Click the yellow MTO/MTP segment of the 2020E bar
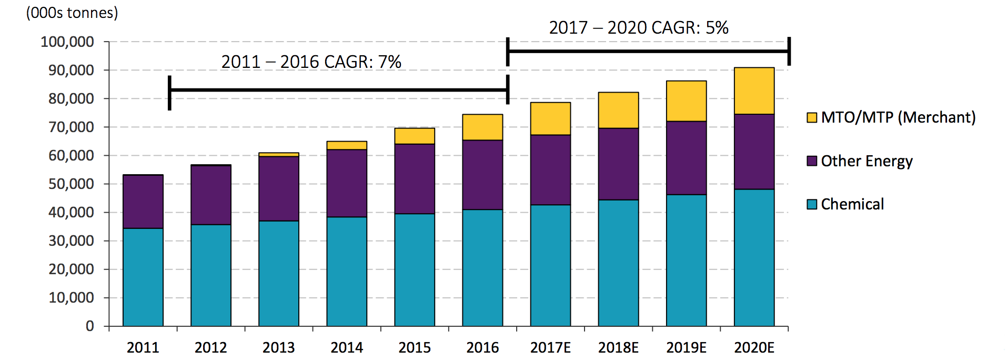(754, 91)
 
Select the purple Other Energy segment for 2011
(143, 202)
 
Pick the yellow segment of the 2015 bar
(415, 136)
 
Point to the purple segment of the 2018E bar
(618, 164)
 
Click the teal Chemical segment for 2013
(279, 273)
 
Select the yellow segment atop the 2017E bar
(550, 118)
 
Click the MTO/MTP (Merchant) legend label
(898, 117)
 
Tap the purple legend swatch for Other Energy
(812, 161)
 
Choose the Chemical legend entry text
(852, 204)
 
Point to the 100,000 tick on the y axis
(67, 42)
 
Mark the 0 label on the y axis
(90, 326)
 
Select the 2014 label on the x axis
(347, 347)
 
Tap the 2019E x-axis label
(686, 347)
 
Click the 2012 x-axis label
(210, 347)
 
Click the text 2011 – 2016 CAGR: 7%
(311, 62)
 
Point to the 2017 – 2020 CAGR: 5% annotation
(638, 27)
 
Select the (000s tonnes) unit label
(72, 13)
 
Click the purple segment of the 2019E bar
(686, 158)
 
